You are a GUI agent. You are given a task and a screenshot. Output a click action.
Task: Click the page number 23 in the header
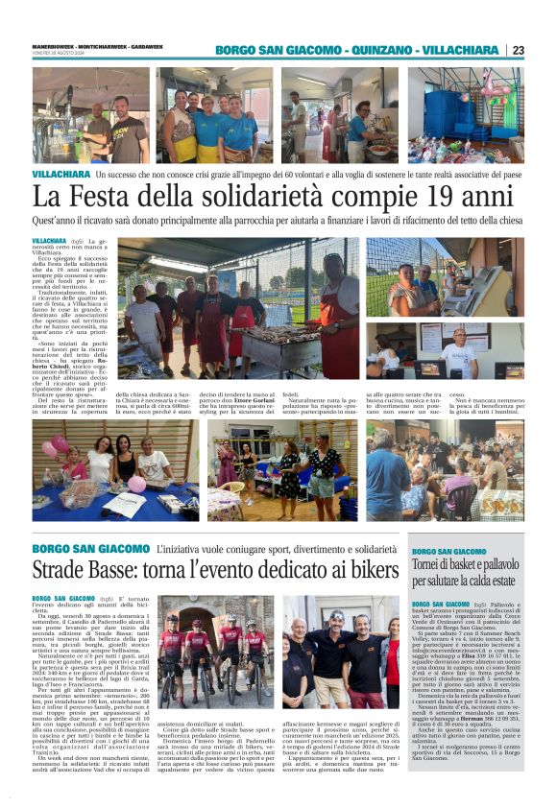519,50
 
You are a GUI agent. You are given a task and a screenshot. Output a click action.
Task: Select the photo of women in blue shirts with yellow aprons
213,116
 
